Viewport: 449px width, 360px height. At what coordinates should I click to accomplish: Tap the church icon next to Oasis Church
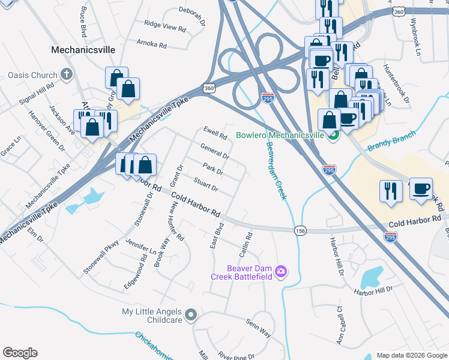click(67, 76)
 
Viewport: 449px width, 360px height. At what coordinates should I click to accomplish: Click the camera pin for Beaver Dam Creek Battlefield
click(280, 272)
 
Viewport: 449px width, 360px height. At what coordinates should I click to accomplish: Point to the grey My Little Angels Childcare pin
click(191, 314)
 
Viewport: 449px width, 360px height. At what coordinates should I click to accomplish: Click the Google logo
click(20, 353)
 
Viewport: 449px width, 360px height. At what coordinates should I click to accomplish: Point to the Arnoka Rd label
click(151, 44)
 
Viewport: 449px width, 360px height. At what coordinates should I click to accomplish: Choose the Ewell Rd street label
click(215, 132)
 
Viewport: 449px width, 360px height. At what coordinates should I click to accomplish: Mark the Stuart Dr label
click(205, 184)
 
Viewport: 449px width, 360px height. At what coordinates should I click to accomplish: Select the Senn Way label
click(258, 326)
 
